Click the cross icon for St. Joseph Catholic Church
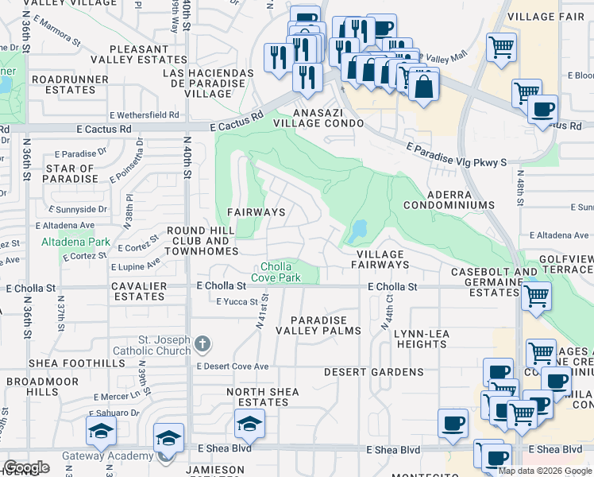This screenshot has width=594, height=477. click(x=202, y=344)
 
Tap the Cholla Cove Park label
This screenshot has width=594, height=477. click(x=276, y=272)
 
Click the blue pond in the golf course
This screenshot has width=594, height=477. click(x=357, y=231)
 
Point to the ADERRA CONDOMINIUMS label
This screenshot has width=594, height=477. click(x=449, y=199)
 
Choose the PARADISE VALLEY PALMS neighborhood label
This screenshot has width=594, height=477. click(x=318, y=324)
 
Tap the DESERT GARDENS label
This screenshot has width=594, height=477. click(x=373, y=372)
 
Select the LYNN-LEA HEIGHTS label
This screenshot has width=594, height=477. click(x=420, y=339)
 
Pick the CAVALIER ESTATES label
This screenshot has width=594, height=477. click(x=137, y=291)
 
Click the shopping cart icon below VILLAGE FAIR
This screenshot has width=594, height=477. click(x=501, y=48)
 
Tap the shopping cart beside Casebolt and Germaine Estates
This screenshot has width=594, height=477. click(x=538, y=296)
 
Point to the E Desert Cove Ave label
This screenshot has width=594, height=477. click(x=233, y=366)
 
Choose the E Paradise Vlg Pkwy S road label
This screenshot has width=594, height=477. click(x=456, y=155)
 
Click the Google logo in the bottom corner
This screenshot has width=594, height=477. click(x=26, y=467)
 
